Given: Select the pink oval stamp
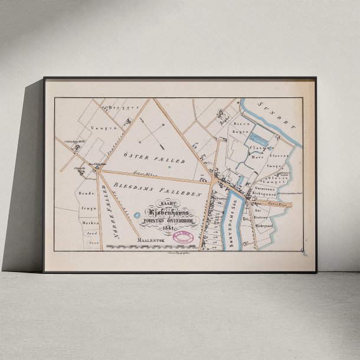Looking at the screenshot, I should click(x=184, y=237).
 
